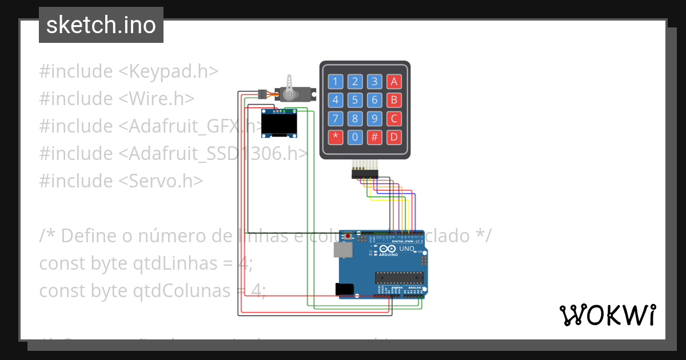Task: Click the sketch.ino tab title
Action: click(101, 25)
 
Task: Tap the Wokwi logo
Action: click(607, 315)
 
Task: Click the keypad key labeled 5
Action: click(355, 101)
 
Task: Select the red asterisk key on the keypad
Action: click(336, 137)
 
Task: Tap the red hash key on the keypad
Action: click(374, 137)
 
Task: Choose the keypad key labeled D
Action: click(393, 137)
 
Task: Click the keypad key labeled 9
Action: click(374, 119)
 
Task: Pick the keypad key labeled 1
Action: click(336, 81)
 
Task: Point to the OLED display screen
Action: click(279, 123)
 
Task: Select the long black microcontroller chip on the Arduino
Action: click(399, 278)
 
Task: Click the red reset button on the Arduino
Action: click(348, 235)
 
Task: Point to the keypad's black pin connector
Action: click(365, 173)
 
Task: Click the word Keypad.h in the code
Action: click(169, 71)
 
